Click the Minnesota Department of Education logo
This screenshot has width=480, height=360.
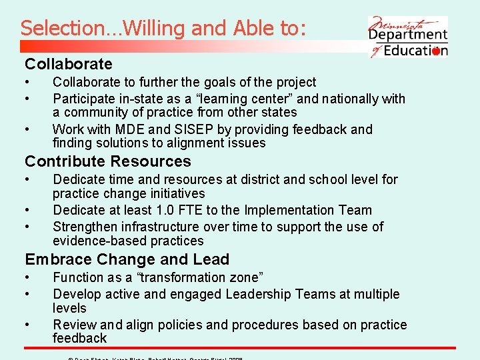tap(408, 36)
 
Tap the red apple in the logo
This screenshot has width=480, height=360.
tap(436, 51)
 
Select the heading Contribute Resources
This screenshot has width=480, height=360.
tap(108, 161)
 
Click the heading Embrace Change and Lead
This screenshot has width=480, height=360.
tap(127, 259)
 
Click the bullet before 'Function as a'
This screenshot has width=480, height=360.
tap(28, 277)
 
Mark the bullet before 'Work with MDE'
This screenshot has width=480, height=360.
tap(28, 129)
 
